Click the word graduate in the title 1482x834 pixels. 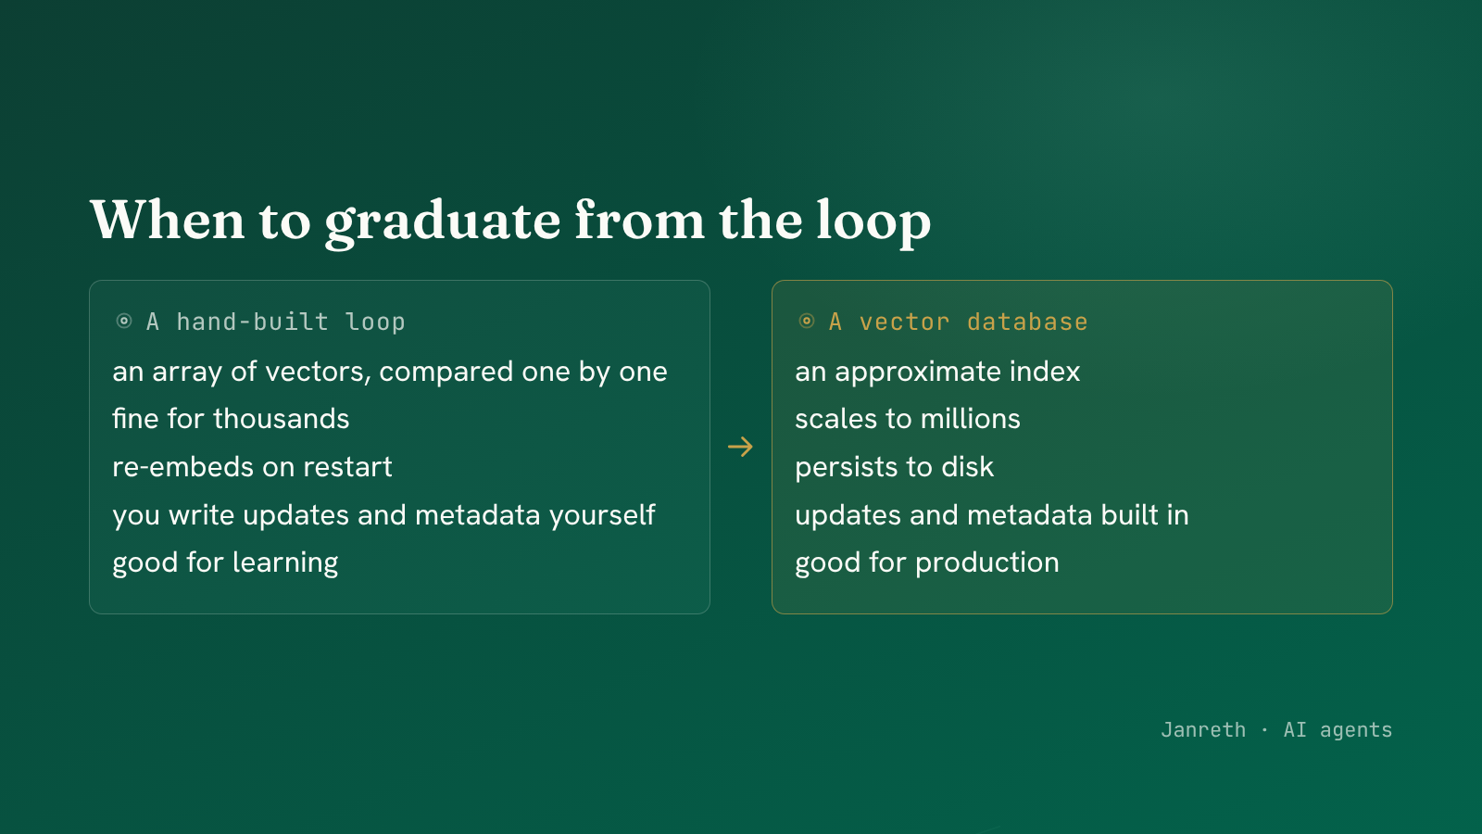pos(443,222)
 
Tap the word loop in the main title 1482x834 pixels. pos(873,222)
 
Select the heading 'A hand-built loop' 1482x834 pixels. pos(275,322)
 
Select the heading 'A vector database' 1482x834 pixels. pos(958,322)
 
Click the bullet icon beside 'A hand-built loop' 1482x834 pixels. pos(124,321)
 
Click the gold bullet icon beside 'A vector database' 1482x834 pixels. pos(807,321)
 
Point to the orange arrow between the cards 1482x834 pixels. pos(740,447)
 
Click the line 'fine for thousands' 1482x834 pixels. pos(231,419)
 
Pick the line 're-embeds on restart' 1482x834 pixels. pos(252,467)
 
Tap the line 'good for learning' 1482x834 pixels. pos(225,563)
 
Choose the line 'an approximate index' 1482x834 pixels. pos(937,372)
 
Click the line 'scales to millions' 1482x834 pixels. pos(908,419)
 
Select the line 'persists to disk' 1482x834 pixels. pos(895,467)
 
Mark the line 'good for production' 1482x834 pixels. pos(927,563)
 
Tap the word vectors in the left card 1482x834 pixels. pos(319,373)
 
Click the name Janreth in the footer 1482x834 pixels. pos(1203,730)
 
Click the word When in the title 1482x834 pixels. pos(168,220)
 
